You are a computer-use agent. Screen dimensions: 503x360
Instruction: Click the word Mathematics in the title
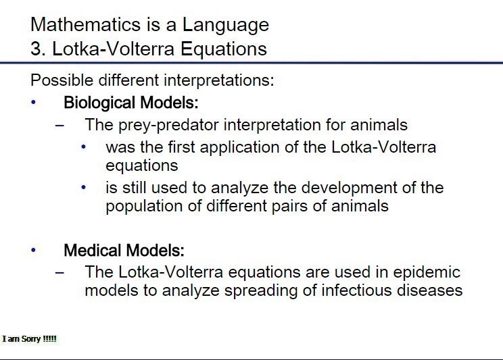point(86,24)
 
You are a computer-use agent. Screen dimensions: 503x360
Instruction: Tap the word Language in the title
point(226,26)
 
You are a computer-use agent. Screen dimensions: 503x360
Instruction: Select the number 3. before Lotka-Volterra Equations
point(38,49)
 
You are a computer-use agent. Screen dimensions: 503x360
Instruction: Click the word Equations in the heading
point(224,50)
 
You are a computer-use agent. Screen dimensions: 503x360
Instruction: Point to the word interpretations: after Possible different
point(219,80)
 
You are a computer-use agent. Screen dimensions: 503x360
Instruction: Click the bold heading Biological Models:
point(131,103)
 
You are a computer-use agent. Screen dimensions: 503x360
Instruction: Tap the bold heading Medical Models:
point(124,251)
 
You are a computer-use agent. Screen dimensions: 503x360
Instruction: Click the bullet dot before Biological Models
point(33,102)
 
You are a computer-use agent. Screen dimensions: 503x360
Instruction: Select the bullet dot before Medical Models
point(33,249)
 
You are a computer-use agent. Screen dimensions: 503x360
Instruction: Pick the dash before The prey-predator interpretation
point(59,125)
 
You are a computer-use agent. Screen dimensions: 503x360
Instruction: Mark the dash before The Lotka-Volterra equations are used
point(59,272)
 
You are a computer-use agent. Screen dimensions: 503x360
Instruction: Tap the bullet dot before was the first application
point(83,147)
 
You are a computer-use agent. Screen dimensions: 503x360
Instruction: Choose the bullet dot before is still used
point(83,188)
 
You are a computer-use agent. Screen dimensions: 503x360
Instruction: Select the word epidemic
point(427,272)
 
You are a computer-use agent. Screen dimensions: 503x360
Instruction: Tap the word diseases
point(429,290)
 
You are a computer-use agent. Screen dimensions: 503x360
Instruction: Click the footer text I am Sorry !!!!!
point(30,339)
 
